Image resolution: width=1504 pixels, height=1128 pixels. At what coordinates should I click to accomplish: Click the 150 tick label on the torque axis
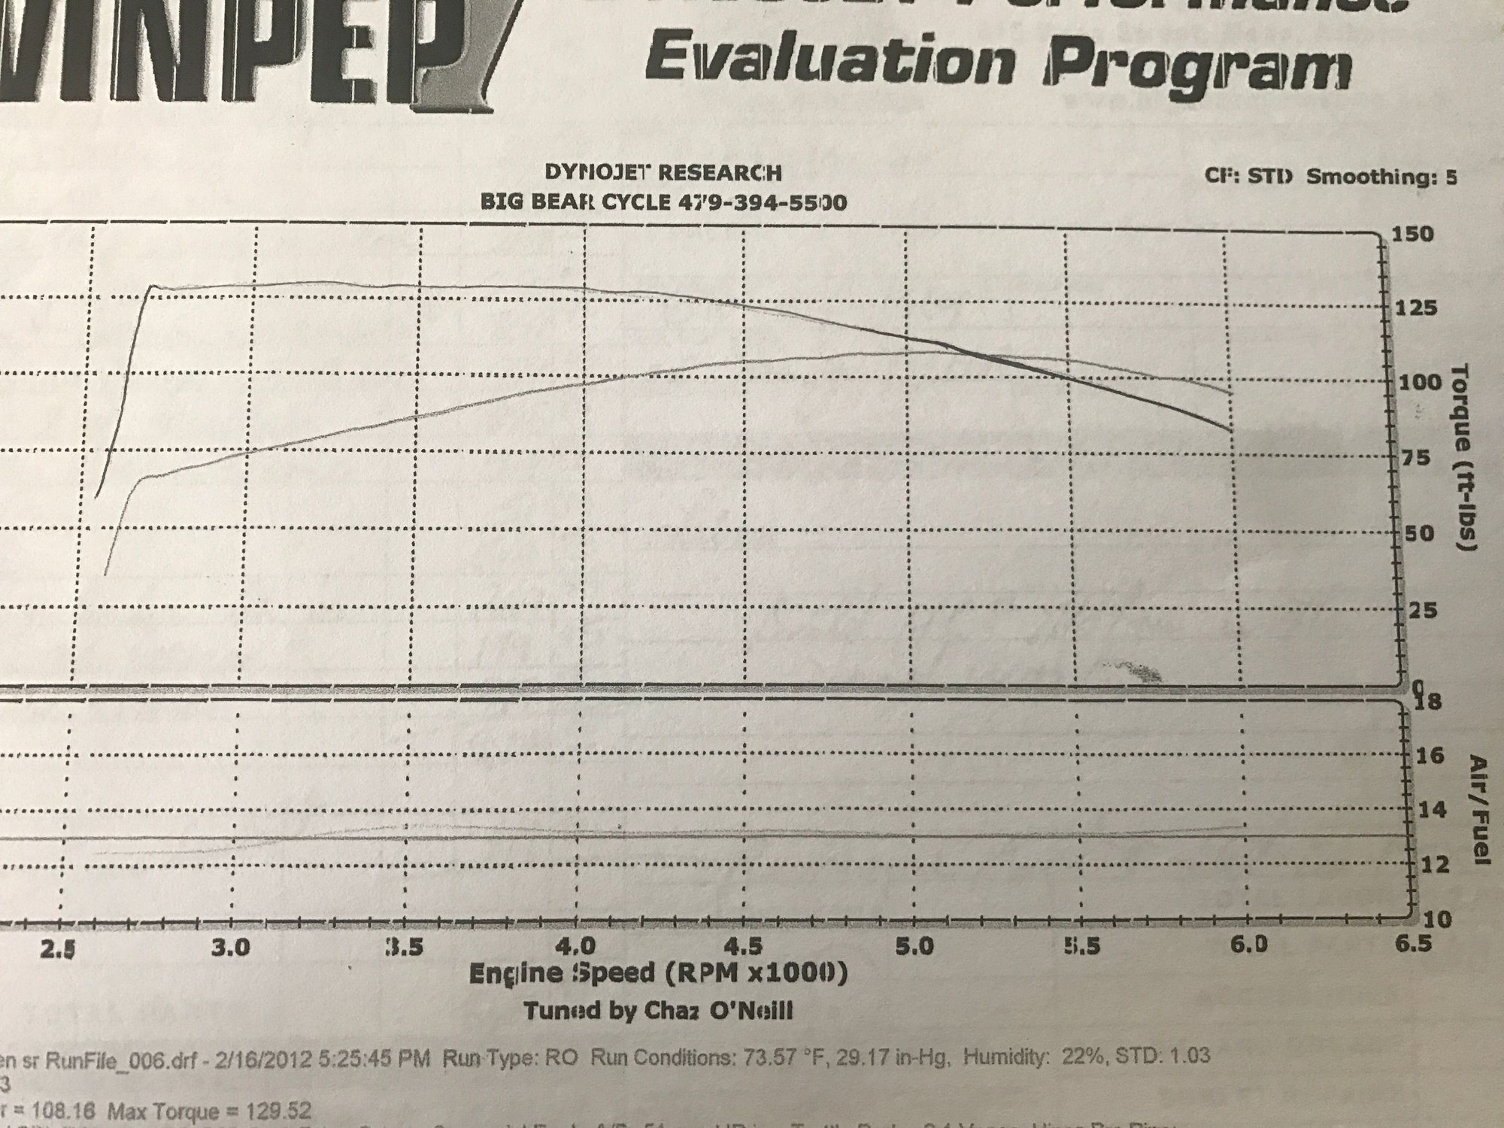pos(1414,235)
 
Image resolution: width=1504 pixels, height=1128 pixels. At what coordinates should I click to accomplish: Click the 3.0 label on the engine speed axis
pos(230,947)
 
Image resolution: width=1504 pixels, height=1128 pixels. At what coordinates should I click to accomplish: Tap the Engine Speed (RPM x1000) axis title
pos(658,974)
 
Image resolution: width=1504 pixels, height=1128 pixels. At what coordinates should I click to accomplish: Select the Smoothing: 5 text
pos(1381,177)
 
